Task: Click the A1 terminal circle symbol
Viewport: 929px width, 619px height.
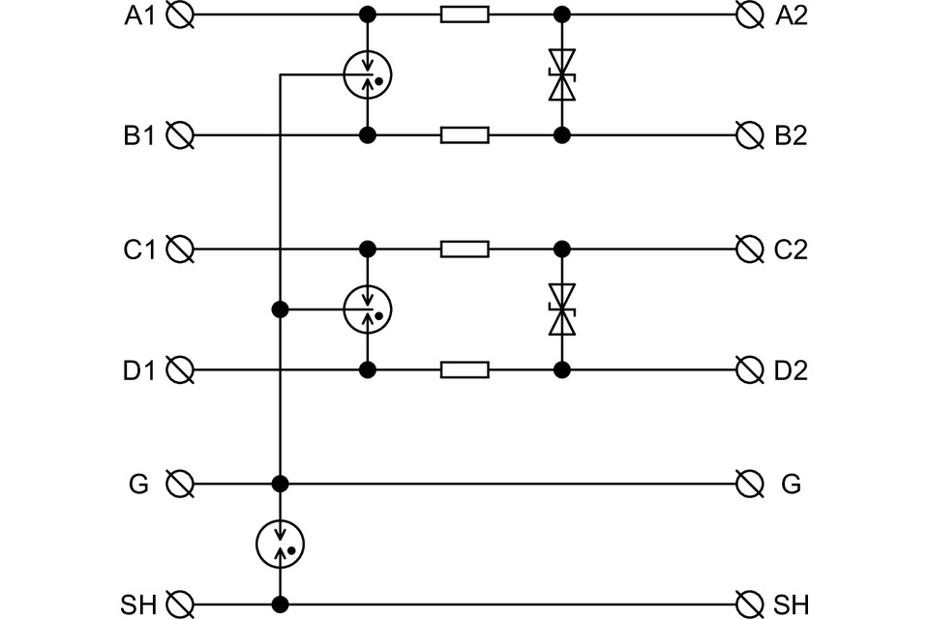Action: [180, 15]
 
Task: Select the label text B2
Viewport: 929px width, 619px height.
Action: [791, 135]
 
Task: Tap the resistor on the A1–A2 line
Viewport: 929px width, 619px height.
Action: [465, 15]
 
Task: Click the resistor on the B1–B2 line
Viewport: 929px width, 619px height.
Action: [465, 135]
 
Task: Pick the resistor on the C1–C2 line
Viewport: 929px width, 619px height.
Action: [465, 250]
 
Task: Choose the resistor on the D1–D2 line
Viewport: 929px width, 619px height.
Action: [465, 370]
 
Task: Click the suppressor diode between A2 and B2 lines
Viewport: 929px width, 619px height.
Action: [561, 74]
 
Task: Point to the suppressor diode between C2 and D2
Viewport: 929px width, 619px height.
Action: [561, 309]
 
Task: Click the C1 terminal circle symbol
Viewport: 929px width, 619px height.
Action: [180, 250]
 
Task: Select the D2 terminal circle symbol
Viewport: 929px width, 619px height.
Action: [749, 370]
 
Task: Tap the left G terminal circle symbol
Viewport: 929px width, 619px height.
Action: [180, 484]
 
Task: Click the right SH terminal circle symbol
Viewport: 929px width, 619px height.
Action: [749, 604]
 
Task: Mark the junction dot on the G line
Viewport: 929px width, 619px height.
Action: [281, 484]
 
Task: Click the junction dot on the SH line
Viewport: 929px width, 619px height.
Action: [281, 604]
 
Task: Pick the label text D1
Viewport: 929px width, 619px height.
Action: [138, 370]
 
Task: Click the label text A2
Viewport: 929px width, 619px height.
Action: [792, 15]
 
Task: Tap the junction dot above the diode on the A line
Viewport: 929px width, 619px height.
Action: [561, 15]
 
